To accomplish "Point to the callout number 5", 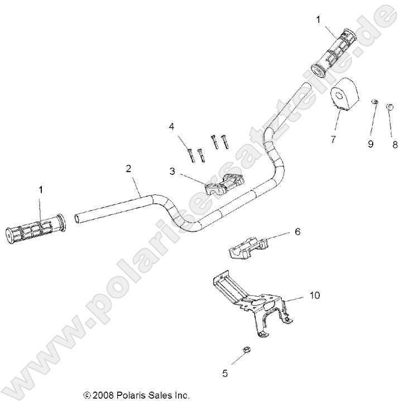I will click(x=225, y=374).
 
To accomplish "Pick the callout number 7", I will click(x=333, y=139).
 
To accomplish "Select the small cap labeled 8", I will click(x=390, y=101).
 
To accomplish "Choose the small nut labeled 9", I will click(x=374, y=101).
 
